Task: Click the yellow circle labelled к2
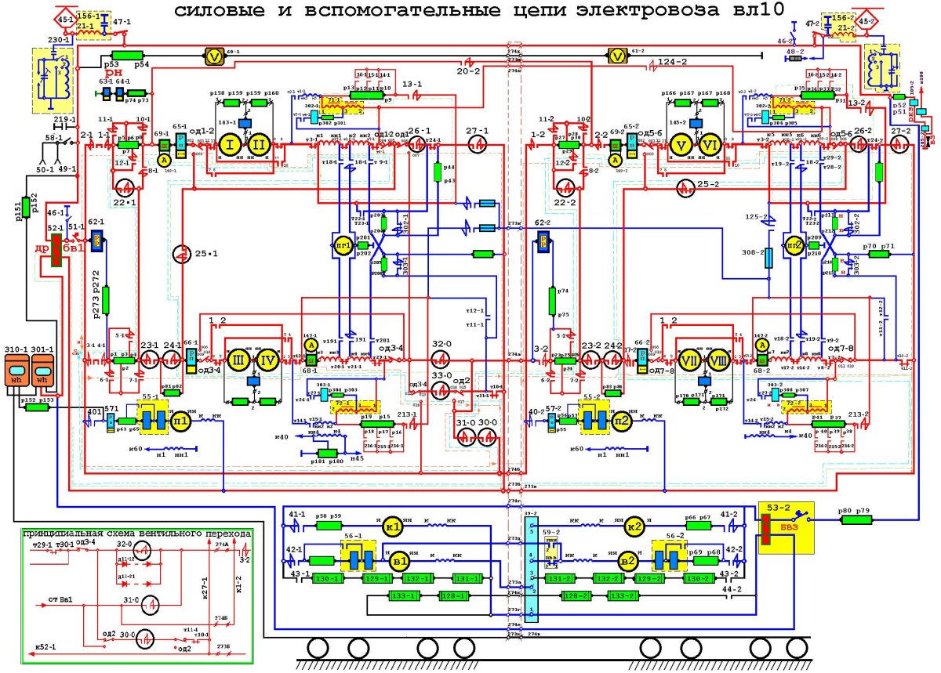click(634, 526)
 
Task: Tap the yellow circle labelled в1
click(400, 560)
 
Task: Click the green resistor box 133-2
click(621, 596)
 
